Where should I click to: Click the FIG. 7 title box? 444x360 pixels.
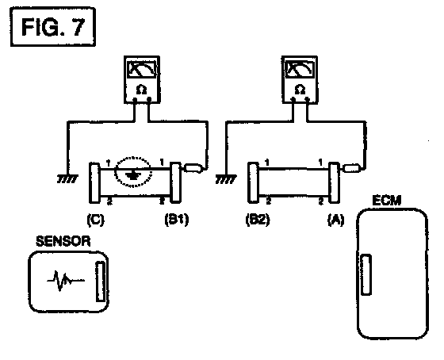[x=52, y=27]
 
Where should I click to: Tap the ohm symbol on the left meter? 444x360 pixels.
[x=141, y=90]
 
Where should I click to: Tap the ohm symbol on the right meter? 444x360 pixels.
[x=300, y=90]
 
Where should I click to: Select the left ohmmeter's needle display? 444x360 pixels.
[x=142, y=69]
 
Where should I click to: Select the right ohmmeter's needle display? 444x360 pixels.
[x=300, y=69]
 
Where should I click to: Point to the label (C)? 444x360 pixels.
[x=95, y=220]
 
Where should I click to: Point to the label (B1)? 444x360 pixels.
[x=176, y=220]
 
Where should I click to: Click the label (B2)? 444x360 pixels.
[x=258, y=220]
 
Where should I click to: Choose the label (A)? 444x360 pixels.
[x=336, y=220]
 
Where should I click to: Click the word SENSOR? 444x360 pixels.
[x=63, y=241]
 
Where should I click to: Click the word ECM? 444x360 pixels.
[x=387, y=201]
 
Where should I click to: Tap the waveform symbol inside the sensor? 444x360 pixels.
[x=66, y=281]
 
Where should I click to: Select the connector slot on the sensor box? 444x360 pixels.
[x=101, y=281]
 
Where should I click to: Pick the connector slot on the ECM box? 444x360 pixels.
[x=366, y=274]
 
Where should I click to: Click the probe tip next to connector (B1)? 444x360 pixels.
[x=193, y=168]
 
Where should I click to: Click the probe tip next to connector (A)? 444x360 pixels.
[x=352, y=168]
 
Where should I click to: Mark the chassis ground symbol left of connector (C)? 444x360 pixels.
[x=67, y=179]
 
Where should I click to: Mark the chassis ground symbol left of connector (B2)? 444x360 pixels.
[x=226, y=179]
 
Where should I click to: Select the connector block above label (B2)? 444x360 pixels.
[x=254, y=182]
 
